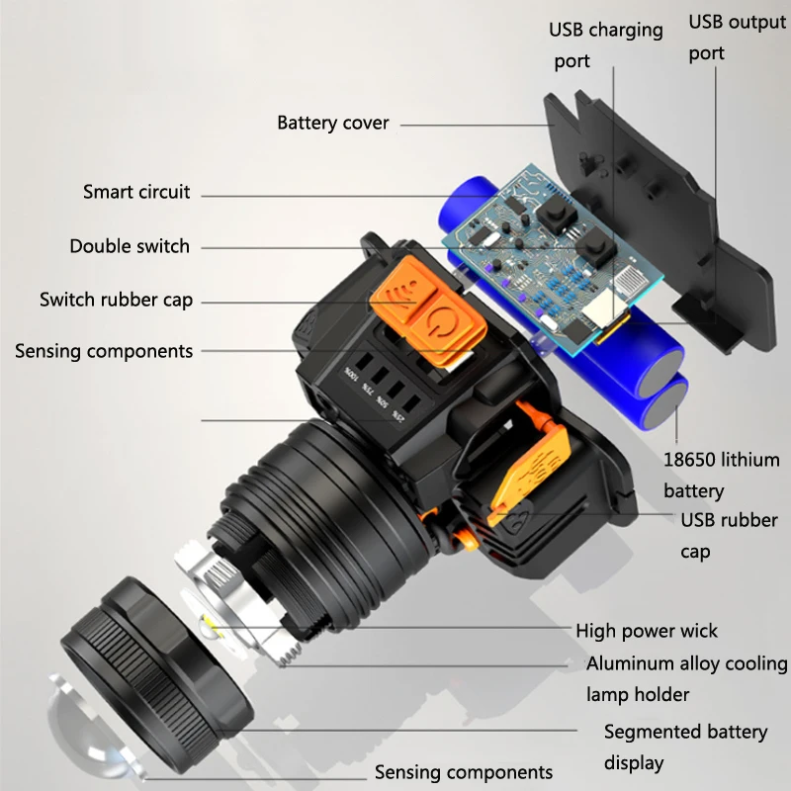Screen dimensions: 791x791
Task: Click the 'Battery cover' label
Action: click(332, 124)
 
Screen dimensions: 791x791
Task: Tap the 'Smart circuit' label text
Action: click(136, 192)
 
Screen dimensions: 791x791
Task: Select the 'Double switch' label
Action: click(130, 246)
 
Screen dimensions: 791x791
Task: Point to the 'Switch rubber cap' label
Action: click(116, 300)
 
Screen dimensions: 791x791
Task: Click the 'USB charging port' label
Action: click(606, 45)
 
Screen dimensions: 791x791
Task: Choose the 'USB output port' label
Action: click(737, 38)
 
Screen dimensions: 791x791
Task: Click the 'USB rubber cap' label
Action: click(729, 535)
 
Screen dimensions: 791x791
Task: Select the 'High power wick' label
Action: click(647, 631)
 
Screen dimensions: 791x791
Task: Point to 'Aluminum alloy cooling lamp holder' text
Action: click(686, 678)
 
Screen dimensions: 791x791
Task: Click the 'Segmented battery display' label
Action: click(685, 747)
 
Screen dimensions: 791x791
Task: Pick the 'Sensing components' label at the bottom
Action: click(463, 772)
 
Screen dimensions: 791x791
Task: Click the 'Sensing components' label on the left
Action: click(104, 351)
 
